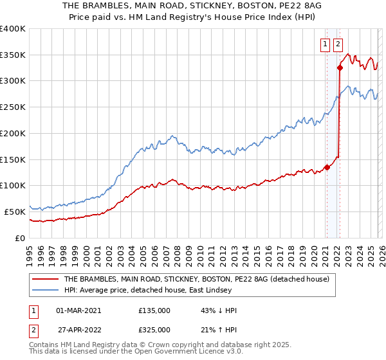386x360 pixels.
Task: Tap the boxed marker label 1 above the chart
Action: pos(326,44)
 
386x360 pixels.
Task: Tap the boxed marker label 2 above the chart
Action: pos(338,44)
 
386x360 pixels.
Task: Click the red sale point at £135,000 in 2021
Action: pos(327,168)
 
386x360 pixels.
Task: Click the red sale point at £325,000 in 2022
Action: pos(340,67)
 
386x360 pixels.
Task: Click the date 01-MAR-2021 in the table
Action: pos(78,310)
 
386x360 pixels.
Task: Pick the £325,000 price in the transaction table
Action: pos(154,329)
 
